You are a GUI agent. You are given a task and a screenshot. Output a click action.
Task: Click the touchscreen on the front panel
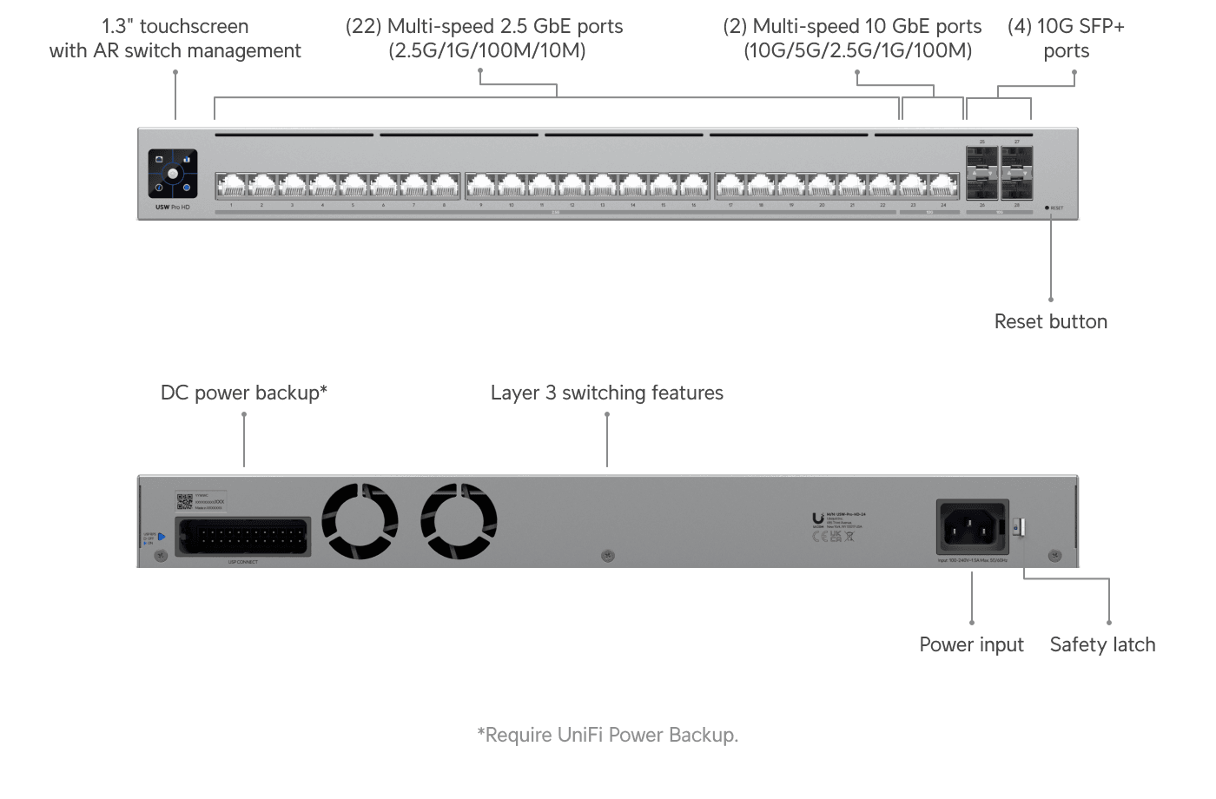(173, 174)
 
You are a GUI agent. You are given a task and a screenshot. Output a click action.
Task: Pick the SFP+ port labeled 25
(981, 160)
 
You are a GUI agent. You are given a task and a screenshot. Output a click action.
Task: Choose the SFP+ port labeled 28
(1016, 188)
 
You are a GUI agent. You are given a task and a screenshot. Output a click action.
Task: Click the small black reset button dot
(1047, 208)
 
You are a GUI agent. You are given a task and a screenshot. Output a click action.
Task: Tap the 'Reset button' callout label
(1050, 322)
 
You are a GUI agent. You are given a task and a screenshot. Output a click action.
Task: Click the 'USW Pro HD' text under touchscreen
(172, 208)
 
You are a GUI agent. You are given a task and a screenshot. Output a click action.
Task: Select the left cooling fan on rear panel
(360, 521)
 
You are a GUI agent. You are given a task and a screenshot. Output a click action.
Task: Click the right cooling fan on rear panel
(459, 521)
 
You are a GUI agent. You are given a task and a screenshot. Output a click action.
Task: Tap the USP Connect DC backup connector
(243, 537)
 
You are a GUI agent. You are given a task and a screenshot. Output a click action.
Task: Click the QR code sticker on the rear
(184, 501)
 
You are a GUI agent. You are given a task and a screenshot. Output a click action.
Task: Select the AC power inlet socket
(972, 525)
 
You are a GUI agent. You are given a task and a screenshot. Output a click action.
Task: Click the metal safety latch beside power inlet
(1020, 527)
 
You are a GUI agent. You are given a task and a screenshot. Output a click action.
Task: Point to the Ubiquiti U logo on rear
(817, 518)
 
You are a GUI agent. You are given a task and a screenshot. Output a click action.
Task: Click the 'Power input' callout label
(971, 644)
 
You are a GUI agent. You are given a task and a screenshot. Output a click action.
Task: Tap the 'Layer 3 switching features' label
(606, 393)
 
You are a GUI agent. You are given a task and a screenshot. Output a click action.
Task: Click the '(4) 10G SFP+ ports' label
(1066, 39)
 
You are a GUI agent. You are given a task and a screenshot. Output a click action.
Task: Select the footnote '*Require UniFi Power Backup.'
(607, 736)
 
